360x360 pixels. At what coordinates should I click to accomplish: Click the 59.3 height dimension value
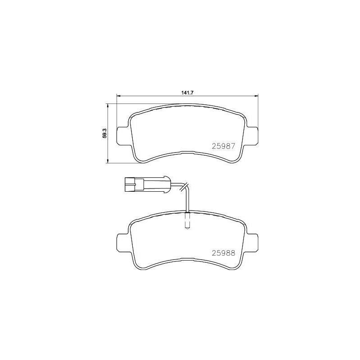104,134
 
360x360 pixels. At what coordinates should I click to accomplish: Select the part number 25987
223,146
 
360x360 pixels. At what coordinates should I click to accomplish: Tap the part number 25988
223,253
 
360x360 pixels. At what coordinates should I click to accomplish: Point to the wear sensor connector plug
147,184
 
